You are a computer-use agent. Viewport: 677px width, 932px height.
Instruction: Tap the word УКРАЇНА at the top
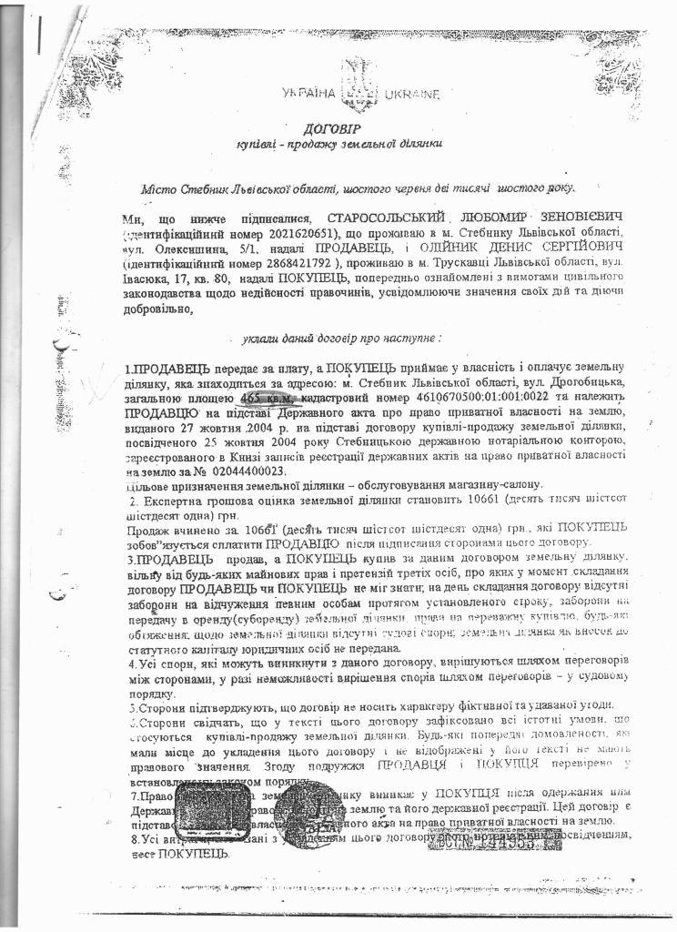tap(308, 94)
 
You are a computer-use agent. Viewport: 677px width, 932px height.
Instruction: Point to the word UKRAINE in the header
tap(411, 94)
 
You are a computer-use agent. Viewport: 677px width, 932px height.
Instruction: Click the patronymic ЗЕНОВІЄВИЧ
tap(572, 218)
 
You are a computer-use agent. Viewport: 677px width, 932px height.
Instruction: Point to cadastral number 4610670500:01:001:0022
tap(429, 398)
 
